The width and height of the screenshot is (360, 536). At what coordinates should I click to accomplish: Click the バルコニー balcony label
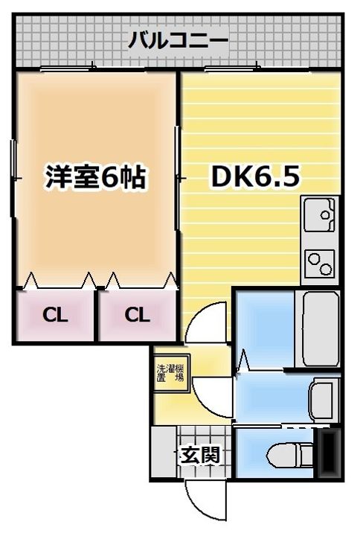178,40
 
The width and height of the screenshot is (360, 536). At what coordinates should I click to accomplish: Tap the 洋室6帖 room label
96,176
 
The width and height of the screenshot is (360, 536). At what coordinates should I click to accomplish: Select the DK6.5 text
255,176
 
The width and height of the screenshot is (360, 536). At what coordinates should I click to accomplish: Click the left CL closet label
55,315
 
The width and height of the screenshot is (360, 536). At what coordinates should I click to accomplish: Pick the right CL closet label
137,315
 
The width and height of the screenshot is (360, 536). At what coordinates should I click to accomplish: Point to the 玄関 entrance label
200,455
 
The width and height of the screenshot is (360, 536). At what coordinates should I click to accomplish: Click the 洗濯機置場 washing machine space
171,373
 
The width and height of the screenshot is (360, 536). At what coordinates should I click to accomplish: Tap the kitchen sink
320,214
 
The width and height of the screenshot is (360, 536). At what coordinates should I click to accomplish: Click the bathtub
321,329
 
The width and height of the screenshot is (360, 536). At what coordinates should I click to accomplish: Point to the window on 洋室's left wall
13,178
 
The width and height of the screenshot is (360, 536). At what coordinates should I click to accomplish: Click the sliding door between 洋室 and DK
177,178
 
